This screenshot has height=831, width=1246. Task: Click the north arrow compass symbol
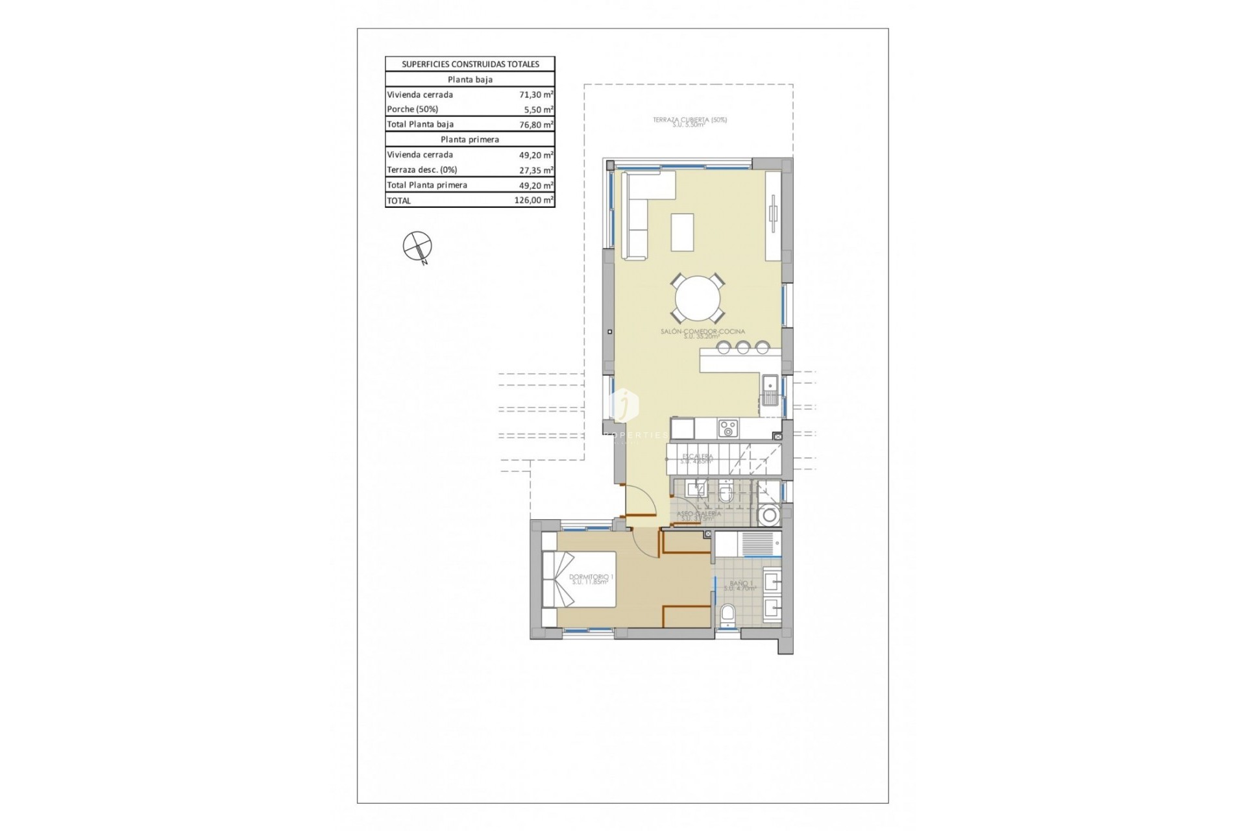tap(417, 247)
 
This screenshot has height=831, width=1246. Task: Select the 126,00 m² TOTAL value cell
tap(533, 201)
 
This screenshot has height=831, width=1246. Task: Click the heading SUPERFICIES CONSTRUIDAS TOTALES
tap(470, 64)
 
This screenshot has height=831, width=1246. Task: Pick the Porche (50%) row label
tap(413, 109)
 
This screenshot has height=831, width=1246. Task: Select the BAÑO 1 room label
tap(740, 585)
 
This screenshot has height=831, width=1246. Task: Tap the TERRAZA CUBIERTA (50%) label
tap(689, 121)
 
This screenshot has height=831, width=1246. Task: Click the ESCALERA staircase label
tap(697, 457)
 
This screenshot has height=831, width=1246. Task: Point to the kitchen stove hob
tap(728, 428)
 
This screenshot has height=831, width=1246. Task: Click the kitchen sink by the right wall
tap(770, 390)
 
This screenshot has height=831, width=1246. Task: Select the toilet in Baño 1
tap(729, 614)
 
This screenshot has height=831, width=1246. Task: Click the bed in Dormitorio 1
tap(580, 579)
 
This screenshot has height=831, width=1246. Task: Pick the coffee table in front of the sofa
tap(682, 232)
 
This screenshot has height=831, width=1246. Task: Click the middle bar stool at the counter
tap(742, 347)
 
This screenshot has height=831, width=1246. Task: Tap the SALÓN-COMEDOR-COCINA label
tap(702, 332)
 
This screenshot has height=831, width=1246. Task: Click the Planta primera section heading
tap(470, 140)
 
